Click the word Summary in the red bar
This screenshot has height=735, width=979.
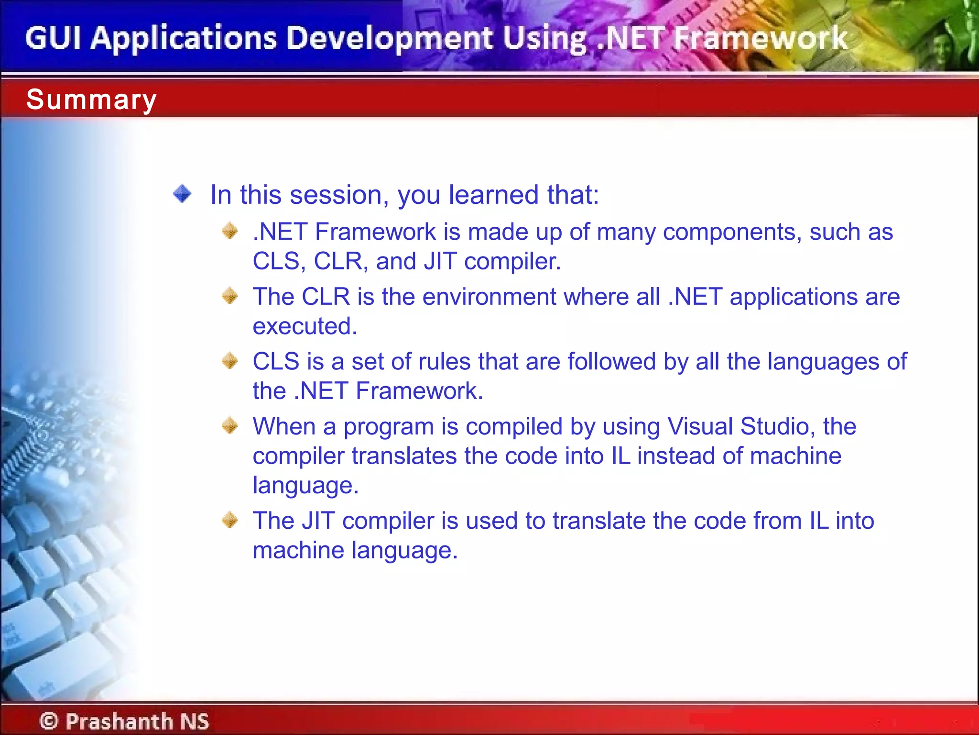(91, 100)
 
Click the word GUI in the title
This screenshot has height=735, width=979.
(53, 38)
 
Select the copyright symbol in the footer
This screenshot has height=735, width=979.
(49, 721)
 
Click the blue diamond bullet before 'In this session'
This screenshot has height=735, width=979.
(182, 194)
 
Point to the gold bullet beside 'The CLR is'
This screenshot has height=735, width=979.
(230, 296)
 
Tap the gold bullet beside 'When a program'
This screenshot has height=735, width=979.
(230, 425)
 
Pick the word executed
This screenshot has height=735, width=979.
(305, 326)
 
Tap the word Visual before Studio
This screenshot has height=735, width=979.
(700, 426)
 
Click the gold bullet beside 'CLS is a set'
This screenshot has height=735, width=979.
(230, 360)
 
